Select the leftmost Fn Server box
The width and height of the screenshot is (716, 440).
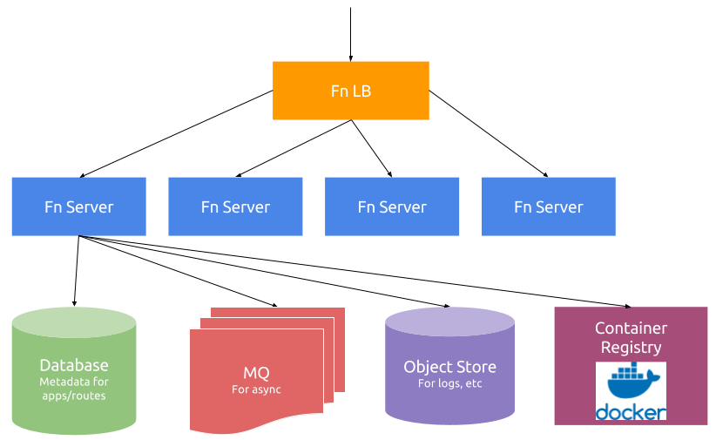pos(78,206)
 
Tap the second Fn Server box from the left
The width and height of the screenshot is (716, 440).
pos(235,206)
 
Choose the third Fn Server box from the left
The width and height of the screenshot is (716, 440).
pos(392,206)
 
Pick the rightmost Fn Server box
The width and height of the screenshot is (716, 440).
pos(549,206)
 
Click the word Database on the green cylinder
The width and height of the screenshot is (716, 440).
pos(74,365)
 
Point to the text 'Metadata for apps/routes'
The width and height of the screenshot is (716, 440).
pos(74,389)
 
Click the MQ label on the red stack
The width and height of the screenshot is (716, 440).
pos(256,373)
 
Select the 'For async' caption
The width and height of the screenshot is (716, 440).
pos(256,389)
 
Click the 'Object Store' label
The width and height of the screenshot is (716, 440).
pos(449,367)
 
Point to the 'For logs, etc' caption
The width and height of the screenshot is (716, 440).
pos(449,383)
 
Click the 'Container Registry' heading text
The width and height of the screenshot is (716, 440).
pos(631,337)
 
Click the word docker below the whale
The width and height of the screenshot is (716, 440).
pos(631,412)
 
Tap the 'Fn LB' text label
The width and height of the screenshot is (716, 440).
pos(351,91)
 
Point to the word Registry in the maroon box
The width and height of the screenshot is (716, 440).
pos(631,347)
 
